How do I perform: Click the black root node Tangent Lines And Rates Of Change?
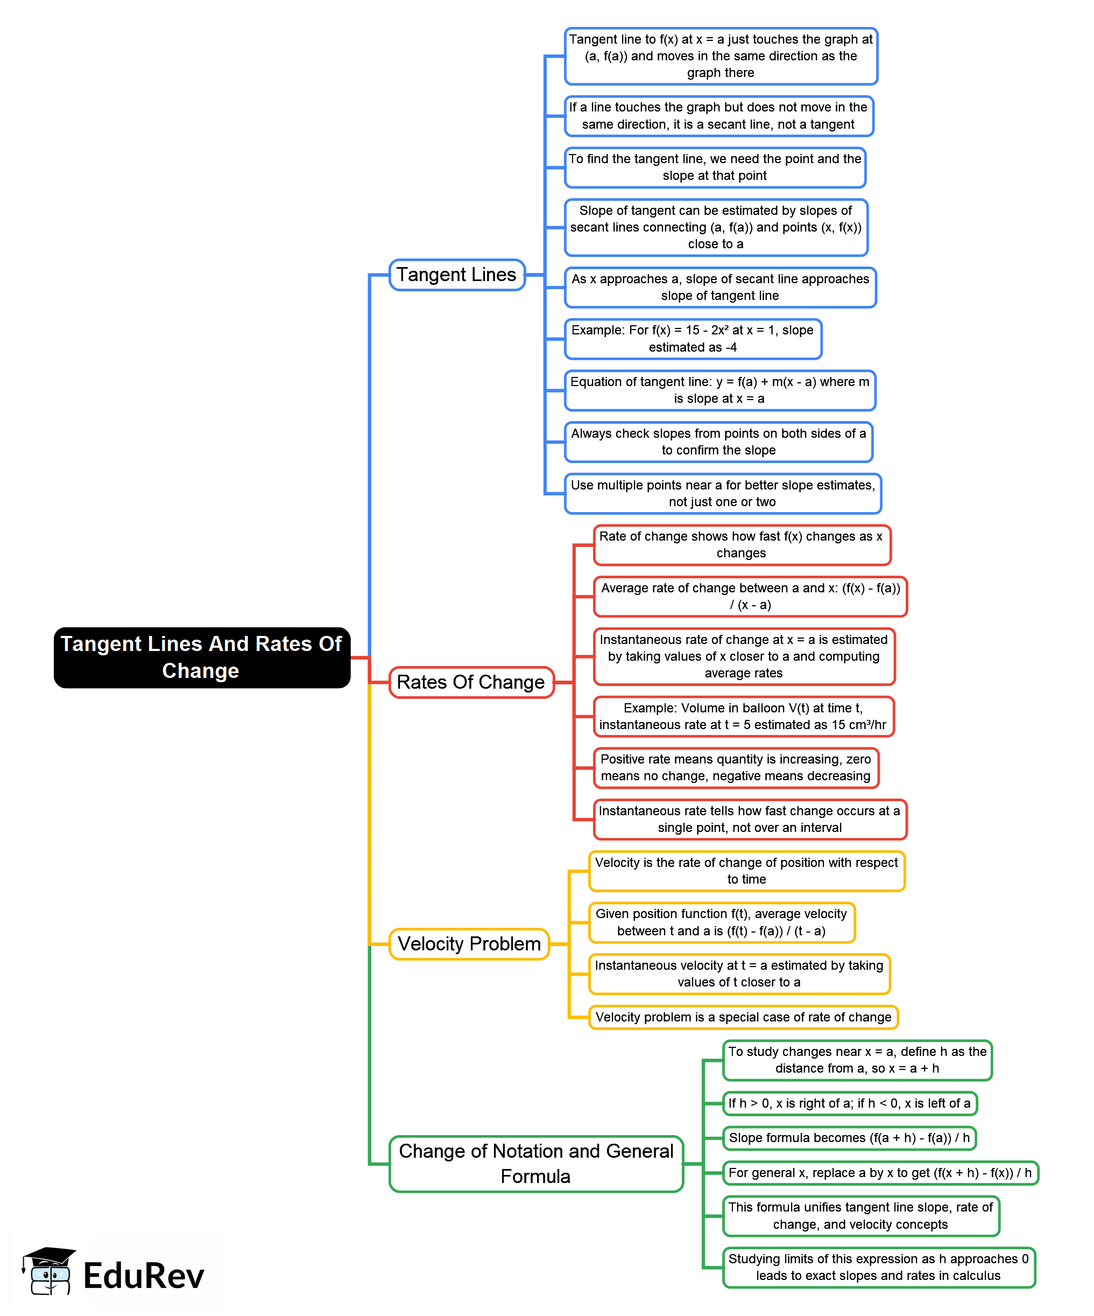click(x=202, y=657)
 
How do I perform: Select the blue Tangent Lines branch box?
click(x=456, y=275)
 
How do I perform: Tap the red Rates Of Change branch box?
click(x=471, y=682)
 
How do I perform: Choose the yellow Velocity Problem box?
click(x=469, y=943)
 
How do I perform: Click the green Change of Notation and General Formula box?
click(x=536, y=1163)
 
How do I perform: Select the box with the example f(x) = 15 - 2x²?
click(x=693, y=338)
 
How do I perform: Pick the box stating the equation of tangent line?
click(x=719, y=390)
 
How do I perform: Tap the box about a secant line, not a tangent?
click(x=718, y=116)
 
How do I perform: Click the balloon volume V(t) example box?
click(x=743, y=716)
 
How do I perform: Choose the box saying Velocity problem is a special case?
click(x=743, y=1017)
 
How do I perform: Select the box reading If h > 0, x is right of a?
click(x=849, y=1103)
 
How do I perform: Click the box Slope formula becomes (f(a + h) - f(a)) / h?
click(x=849, y=1137)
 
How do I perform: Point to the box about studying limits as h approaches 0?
click(x=879, y=1267)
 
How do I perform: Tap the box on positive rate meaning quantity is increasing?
click(x=736, y=768)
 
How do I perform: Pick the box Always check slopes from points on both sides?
click(x=718, y=442)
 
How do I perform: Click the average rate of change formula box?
click(x=750, y=597)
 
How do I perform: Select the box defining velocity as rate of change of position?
click(x=746, y=871)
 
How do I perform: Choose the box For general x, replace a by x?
click(x=880, y=1172)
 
